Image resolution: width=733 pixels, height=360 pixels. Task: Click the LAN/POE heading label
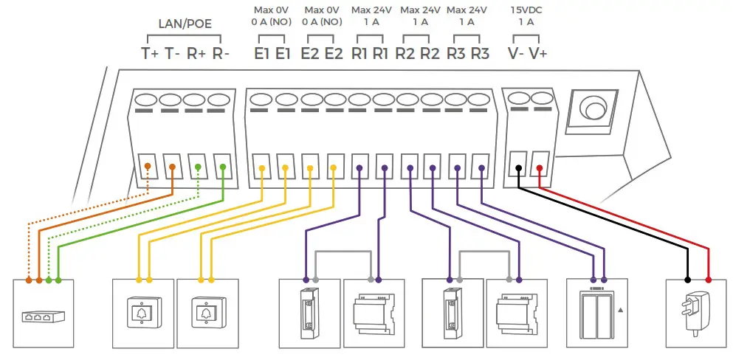tap(185, 24)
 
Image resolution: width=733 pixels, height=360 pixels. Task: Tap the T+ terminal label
tap(150, 54)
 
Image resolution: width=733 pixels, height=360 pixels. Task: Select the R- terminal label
tap(221, 54)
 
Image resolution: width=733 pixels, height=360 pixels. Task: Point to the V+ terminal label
tap(539, 54)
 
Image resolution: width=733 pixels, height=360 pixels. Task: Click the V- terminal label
tap(517, 54)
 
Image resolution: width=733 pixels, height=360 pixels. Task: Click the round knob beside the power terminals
tap(593, 110)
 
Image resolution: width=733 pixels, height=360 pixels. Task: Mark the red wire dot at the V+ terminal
tap(540, 168)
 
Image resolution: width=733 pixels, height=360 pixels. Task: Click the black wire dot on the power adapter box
tap(687, 280)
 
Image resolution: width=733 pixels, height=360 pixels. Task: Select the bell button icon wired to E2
tap(207, 314)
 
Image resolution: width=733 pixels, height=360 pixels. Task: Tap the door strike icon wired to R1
tap(308, 314)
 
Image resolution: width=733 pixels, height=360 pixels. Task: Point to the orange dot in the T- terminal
tap(172, 167)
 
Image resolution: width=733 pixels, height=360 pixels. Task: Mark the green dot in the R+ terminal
tap(197, 167)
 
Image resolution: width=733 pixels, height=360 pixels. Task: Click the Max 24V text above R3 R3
tap(467, 10)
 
